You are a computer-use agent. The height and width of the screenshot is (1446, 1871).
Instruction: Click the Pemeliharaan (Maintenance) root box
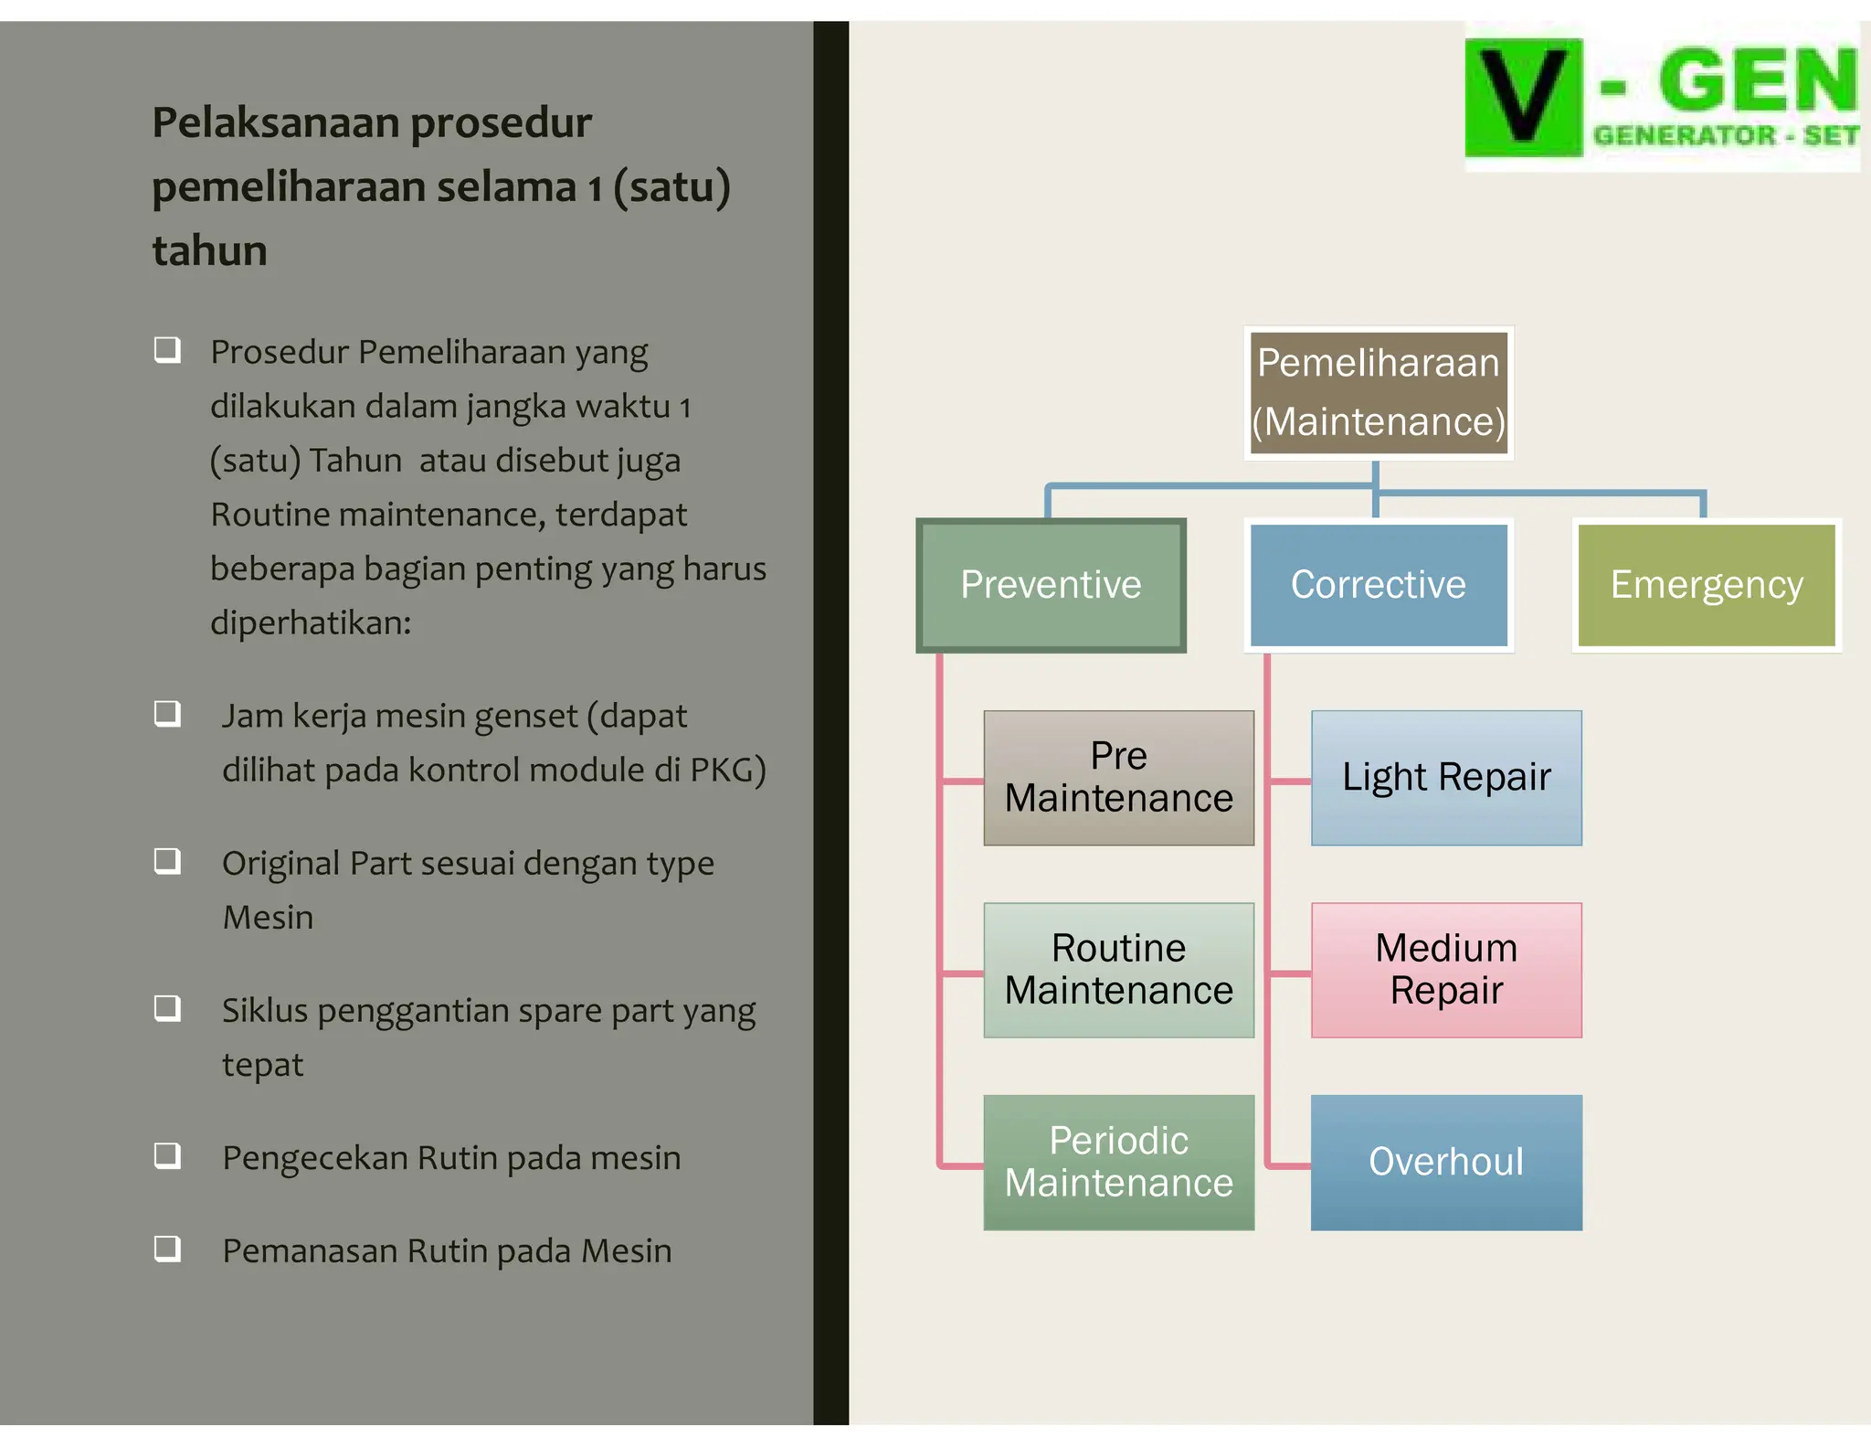click(x=1378, y=393)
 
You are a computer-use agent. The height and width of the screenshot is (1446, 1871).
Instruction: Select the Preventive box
click(x=1051, y=585)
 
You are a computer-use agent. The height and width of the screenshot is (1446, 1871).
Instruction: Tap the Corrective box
click(x=1378, y=585)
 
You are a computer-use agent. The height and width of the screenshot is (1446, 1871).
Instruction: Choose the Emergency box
click(x=1706, y=585)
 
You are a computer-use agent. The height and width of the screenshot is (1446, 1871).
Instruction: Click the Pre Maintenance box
click(x=1118, y=778)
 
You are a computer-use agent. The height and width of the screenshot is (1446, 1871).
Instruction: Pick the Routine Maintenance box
click(x=1118, y=970)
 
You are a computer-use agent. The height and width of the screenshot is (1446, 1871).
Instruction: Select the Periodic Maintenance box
click(x=1118, y=1162)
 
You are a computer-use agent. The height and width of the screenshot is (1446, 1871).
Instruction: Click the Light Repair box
click(x=1446, y=778)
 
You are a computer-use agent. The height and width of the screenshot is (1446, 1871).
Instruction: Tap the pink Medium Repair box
click(x=1446, y=970)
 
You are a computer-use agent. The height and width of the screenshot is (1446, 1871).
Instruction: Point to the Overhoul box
click(x=1446, y=1162)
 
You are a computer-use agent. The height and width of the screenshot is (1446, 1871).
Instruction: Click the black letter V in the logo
click(x=1523, y=96)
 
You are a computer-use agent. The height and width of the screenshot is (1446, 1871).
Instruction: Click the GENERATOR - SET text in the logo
click(x=1725, y=136)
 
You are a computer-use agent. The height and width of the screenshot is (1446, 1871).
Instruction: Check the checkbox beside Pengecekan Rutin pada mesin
click(x=167, y=1156)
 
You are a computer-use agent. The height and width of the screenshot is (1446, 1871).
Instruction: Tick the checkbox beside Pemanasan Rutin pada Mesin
click(x=167, y=1249)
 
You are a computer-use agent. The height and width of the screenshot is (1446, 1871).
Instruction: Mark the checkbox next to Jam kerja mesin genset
click(x=167, y=714)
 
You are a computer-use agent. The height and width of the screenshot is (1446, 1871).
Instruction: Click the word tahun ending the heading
click(x=209, y=251)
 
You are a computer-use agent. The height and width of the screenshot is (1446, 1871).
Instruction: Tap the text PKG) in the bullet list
click(x=727, y=771)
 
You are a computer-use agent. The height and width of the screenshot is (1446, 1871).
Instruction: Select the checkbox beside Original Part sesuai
click(x=167, y=861)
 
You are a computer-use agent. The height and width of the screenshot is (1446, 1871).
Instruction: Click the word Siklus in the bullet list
click(x=265, y=1011)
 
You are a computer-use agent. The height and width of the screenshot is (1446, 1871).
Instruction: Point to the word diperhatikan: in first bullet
click(x=311, y=623)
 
